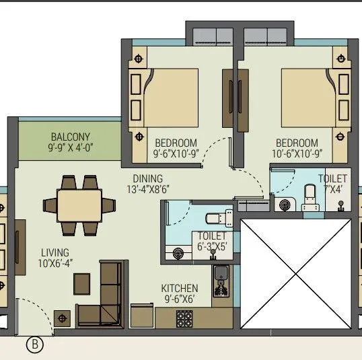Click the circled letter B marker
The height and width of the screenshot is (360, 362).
tap(34, 345)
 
